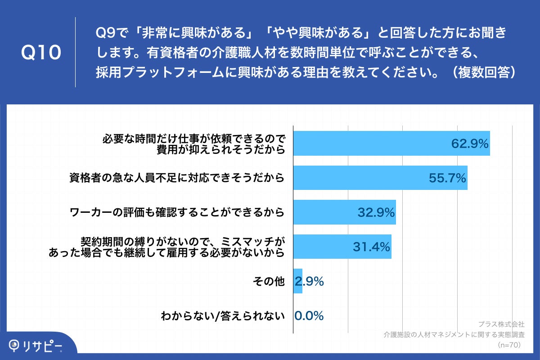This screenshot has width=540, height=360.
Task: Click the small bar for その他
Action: (298, 281)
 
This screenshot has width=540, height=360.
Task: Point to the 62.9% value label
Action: (470, 144)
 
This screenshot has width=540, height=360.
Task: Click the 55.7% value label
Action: (447, 178)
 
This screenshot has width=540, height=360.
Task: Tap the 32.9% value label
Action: (376, 212)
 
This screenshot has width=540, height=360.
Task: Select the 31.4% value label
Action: (371, 247)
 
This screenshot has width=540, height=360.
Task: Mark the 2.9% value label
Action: (310, 282)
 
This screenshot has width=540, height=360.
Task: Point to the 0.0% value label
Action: (309, 316)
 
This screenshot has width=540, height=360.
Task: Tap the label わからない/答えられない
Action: (223, 316)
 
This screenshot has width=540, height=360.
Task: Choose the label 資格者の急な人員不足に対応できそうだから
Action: (177, 178)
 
